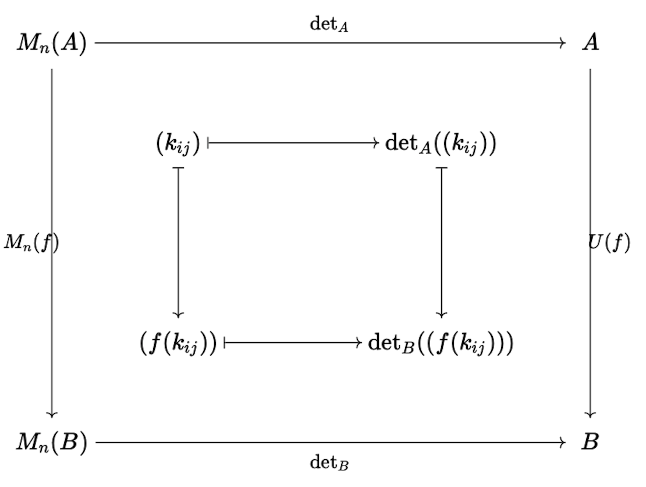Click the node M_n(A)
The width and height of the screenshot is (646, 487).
point(51,43)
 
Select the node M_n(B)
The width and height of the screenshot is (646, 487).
point(51,443)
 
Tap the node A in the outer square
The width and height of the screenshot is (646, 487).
point(591,42)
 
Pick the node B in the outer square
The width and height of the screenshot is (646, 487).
point(590,442)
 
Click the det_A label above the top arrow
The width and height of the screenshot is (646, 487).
point(328,25)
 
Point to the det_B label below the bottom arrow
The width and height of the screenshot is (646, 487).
point(329,463)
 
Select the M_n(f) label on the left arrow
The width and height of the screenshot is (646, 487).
point(31,243)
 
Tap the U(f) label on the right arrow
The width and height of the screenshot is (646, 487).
point(609,243)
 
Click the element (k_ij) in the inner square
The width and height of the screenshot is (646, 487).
point(178,143)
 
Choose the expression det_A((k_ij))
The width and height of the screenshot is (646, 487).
point(440,143)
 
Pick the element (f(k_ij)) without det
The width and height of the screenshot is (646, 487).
point(178,343)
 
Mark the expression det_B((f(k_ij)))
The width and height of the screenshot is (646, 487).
point(440,343)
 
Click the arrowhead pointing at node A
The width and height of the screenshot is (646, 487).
point(563,43)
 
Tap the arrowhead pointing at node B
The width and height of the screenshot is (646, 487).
point(563,443)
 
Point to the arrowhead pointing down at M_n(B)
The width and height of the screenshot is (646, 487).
point(52,415)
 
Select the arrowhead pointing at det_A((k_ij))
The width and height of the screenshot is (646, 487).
point(376,143)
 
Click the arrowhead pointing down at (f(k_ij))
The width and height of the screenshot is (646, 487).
point(178,315)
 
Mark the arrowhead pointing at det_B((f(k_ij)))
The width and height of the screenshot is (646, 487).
point(359,343)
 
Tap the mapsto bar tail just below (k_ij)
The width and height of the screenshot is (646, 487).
point(178,168)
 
